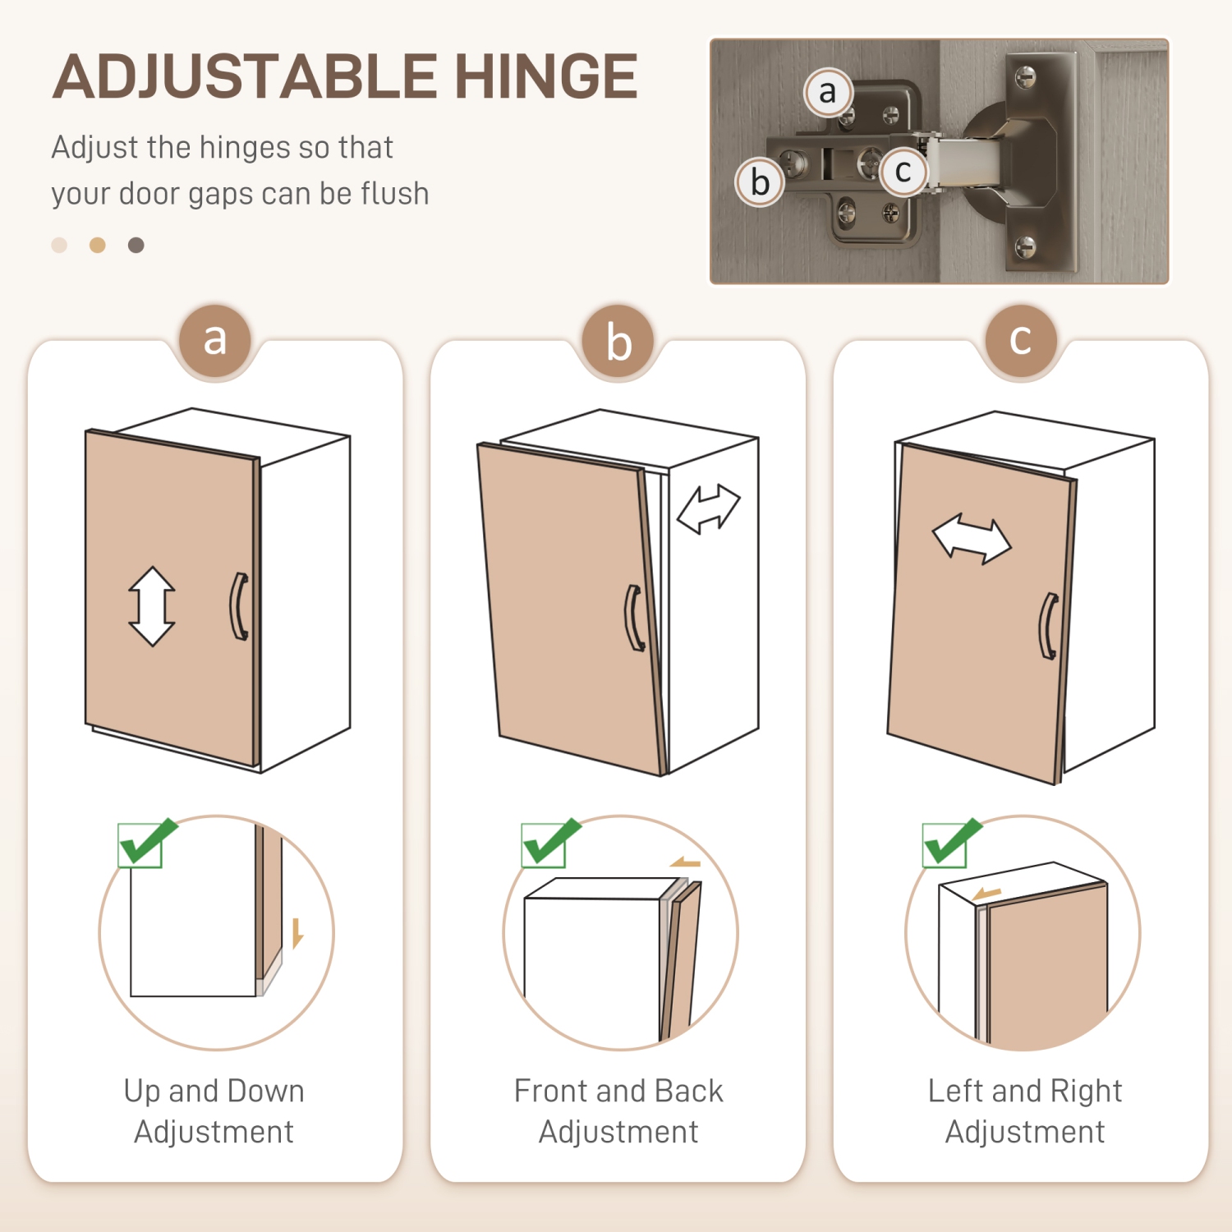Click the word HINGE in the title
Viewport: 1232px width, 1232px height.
(546, 76)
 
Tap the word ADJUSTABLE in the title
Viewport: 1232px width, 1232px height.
(245, 76)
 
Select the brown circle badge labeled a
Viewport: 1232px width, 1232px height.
(215, 340)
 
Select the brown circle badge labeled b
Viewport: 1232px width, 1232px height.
(618, 342)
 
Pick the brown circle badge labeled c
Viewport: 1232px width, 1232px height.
(1021, 340)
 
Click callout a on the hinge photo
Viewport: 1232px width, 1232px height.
(828, 92)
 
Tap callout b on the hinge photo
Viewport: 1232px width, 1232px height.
(760, 182)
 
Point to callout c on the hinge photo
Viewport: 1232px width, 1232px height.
(903, 172)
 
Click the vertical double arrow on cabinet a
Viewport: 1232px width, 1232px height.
(152, 606)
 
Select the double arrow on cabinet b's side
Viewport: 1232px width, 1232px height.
(708, 509)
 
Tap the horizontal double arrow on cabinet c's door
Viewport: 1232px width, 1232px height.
(972, 540)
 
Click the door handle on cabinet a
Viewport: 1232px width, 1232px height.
(238, 606)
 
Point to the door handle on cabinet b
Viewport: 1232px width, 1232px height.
(634, 618)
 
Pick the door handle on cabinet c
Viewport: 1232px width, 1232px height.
(1049, 626)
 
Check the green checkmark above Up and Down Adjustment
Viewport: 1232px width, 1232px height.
(145, 843)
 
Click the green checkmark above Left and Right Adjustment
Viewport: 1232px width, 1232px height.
(949, 843)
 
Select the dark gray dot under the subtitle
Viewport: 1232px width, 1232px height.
(136, 245)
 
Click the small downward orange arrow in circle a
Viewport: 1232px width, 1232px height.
(297, 933)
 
